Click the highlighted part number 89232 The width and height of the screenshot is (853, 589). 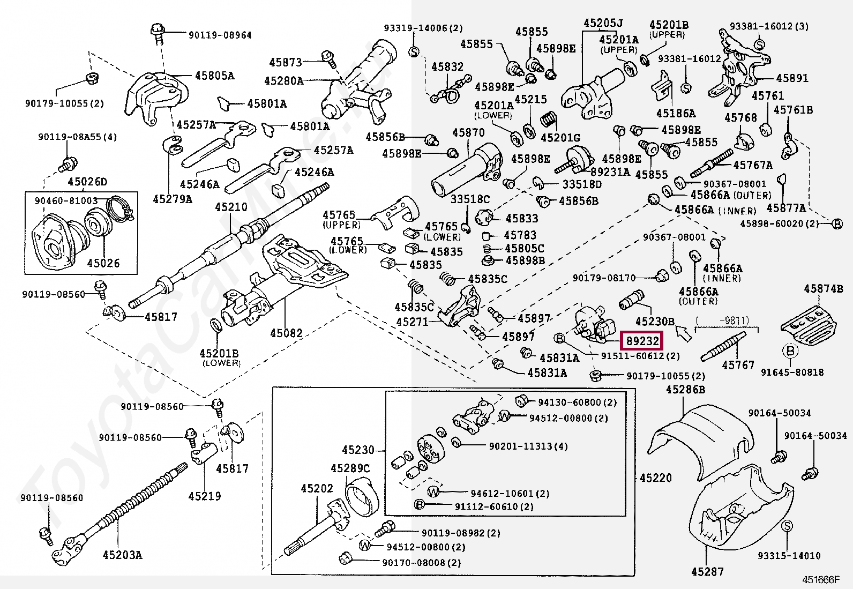[x=642, y=341]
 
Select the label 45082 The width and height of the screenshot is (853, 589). [x=286, y=333]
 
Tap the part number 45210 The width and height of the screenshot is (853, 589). [x=231, y=207]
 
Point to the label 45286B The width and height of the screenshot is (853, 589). [x=685, y=390]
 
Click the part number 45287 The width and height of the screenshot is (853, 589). [x=707, y=572]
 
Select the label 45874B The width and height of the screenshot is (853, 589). [x=823, y=289]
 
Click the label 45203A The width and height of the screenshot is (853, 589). [x=122, y=555]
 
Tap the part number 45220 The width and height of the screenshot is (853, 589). [x=656, y=478]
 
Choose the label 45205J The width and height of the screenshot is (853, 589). [x=603, y=23]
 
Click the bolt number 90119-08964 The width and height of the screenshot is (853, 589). [x=220, y=35]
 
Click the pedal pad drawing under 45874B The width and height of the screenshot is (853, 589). [x=807, y=325]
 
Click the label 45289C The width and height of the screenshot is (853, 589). [x=350, y=468]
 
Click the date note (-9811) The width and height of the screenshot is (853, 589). [x=722, y=320]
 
